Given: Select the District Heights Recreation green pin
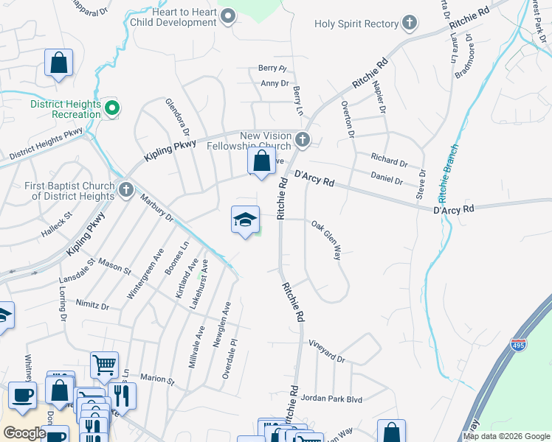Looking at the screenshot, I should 112,109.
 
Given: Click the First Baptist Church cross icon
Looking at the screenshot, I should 125,191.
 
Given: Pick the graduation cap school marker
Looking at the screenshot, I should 246,220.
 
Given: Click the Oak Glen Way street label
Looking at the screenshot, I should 326,240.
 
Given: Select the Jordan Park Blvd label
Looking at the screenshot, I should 331,399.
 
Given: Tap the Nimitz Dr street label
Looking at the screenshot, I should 93,305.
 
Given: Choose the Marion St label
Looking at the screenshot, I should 156,380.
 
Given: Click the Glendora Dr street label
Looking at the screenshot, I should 178,117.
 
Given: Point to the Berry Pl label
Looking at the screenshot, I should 272,68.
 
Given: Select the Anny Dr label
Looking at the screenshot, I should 275,83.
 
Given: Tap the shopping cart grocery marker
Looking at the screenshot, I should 104,364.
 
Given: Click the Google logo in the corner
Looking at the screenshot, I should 24,433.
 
